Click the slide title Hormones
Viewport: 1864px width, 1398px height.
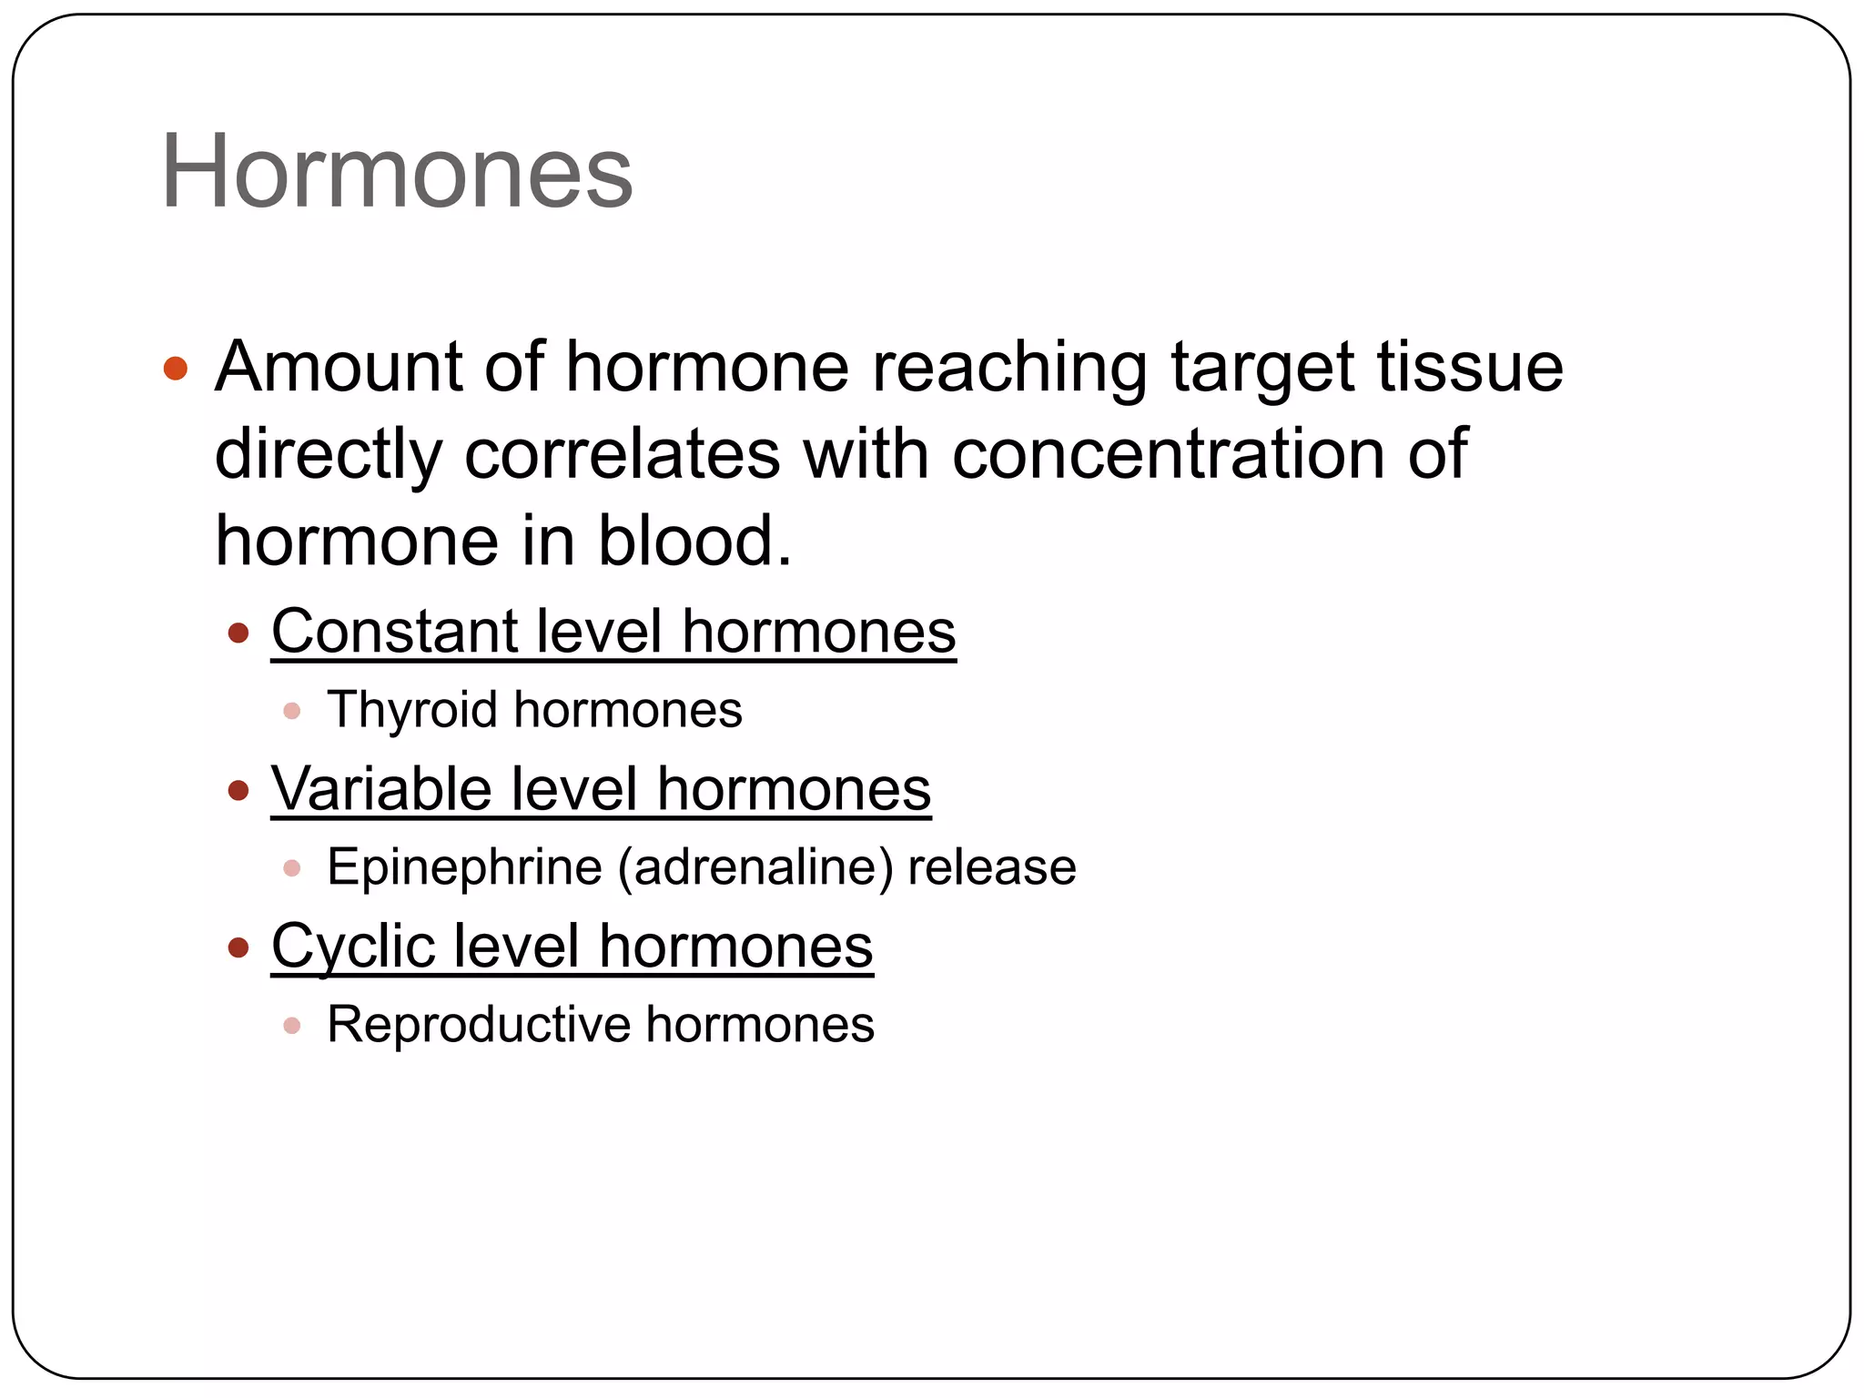click(x=397, y=172)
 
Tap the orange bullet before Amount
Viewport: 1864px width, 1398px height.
click(x=176, y=369)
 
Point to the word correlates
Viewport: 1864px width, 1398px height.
click(x=622, y=453)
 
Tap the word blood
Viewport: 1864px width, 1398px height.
click(x=694, y=541)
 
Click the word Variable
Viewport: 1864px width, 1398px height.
click(x=381, y=788)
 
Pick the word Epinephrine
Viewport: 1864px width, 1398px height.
click(x=464, y=866)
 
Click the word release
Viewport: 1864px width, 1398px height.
click(x=992, y=866)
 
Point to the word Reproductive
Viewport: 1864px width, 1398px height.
click(x=478, y=1025)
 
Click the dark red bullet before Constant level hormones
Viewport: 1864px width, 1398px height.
click(x=238, y=633)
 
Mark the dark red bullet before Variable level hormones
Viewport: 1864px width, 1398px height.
click(x=238, y=790)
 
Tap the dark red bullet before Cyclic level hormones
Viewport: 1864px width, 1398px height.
click(x=238, y=947)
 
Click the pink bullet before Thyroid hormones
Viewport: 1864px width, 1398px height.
click(x=292, y=711)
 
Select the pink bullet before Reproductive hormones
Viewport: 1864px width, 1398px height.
click(x=292, y=1026)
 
